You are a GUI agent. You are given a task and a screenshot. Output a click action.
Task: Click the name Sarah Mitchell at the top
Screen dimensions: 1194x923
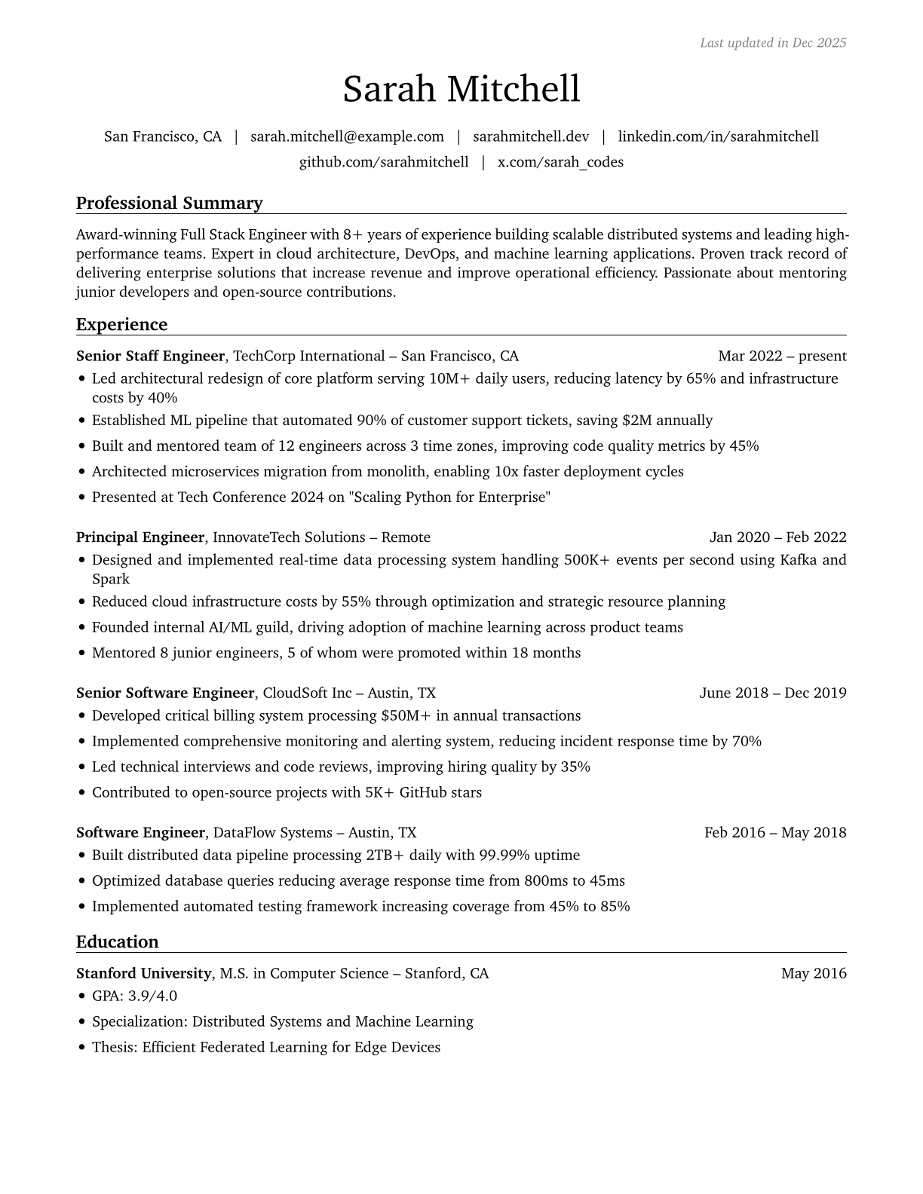461,90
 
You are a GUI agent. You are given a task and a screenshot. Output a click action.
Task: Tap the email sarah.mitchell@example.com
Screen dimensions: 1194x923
347,136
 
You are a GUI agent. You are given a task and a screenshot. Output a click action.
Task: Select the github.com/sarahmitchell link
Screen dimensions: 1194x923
384,162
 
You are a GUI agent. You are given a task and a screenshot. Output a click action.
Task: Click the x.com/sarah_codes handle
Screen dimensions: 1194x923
560,162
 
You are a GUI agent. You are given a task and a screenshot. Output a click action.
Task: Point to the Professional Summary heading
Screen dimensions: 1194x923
170,204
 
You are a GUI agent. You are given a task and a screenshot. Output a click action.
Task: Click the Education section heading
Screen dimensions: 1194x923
118,942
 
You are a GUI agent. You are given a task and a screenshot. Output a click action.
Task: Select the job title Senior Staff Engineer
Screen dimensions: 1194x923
150,356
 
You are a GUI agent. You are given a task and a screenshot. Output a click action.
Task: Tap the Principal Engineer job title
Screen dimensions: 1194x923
140,537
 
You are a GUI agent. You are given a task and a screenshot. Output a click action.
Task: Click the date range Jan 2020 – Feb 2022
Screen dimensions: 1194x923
777,537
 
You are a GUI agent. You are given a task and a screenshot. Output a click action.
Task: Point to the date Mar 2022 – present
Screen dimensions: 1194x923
782,356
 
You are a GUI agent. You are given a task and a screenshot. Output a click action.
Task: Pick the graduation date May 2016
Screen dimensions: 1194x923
814,973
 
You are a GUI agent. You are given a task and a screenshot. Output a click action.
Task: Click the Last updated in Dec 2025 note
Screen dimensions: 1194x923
773,43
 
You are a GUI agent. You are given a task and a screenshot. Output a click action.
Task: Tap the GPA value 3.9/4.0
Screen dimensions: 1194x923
152,996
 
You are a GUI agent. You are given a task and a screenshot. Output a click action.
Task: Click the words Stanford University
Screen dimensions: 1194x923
143,973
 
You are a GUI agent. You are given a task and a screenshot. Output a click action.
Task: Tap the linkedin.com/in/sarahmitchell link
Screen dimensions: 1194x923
718,136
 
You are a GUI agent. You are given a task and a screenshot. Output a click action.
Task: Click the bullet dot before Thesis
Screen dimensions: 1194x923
81,1048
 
